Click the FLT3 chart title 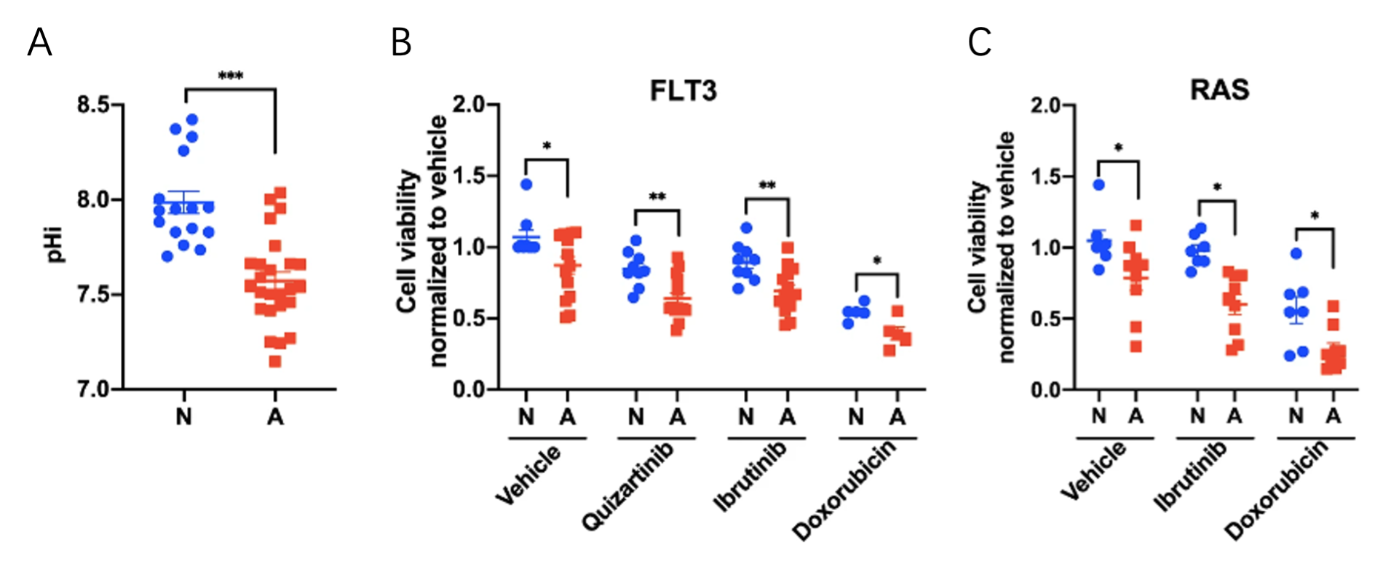pyautogui.click(x=683, y=91)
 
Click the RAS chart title pyautogui.click(x=1219, y=90)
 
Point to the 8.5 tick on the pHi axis pyautogui.click(x=94, y=105)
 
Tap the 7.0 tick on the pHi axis pyautogui.click(x=94, y=389)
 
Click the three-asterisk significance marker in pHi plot pyautogui.click(x=231, y=76)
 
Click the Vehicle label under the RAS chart pyautogui.click(x=1093, y=471)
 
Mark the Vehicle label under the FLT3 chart pyautogui.click(x=528, y=474)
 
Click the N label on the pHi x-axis pyautogui.click(x=184, y=417)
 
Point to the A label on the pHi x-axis pyautogui.click(x=275, y=417)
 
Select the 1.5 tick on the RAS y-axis pyautogui.click(x=1047, y=177)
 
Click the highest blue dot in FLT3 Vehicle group pyautogui.click(x=526, y=185)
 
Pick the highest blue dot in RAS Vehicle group pyautogui.click(x=1098, y=185)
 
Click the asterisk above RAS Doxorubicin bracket pyautogui.click(x=1315, y=216)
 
